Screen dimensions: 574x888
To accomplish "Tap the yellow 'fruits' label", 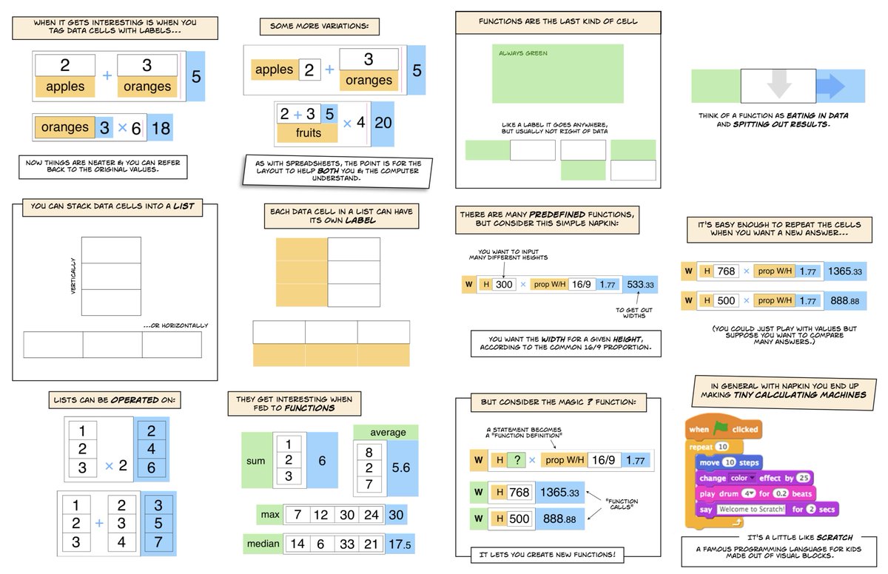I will (306, 134).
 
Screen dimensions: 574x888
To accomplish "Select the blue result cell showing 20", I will (383, 123).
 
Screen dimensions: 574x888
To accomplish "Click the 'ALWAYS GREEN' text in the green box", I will (518, 53).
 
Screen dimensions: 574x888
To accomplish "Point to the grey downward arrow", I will (779, 85).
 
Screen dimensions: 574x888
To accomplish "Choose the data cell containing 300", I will (504, 284).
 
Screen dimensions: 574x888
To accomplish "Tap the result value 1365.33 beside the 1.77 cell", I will (847, 271).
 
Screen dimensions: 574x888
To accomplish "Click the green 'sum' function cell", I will (256, 461).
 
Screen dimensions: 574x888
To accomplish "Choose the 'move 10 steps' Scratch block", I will (729, 462).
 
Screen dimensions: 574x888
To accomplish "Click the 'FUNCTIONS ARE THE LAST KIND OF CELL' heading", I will (558, 22).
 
